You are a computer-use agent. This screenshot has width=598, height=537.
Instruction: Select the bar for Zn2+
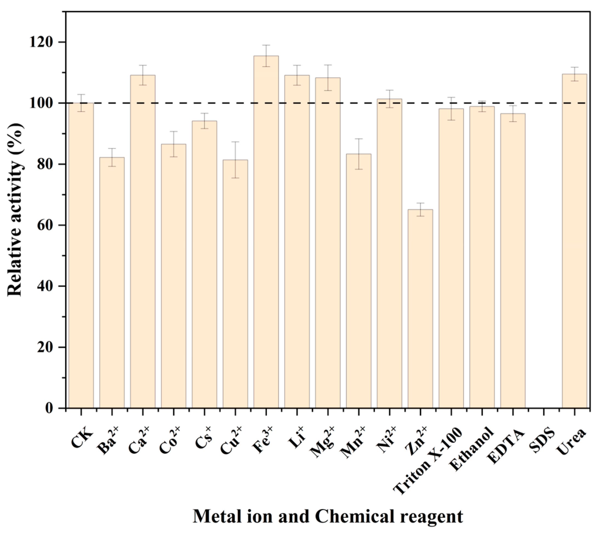click(420, 309)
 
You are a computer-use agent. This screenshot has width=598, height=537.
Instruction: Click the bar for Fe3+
click(266, 232)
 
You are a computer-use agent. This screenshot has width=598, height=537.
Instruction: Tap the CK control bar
click(81, 255)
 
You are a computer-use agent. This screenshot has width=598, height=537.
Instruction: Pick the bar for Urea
click(574, 241)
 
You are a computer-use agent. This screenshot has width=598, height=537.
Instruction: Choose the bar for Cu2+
click(235, 284)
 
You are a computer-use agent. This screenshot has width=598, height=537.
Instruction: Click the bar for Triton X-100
click(451, 258)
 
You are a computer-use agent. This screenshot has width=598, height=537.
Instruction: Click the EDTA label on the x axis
click(506, 442)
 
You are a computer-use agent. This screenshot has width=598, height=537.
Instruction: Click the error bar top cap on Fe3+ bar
click(266, 45)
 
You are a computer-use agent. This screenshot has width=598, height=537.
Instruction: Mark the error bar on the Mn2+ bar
click(358, 154)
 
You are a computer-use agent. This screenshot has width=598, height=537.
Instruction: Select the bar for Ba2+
click(112, 283)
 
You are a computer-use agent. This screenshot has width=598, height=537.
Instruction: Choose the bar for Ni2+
click(389, 254)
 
